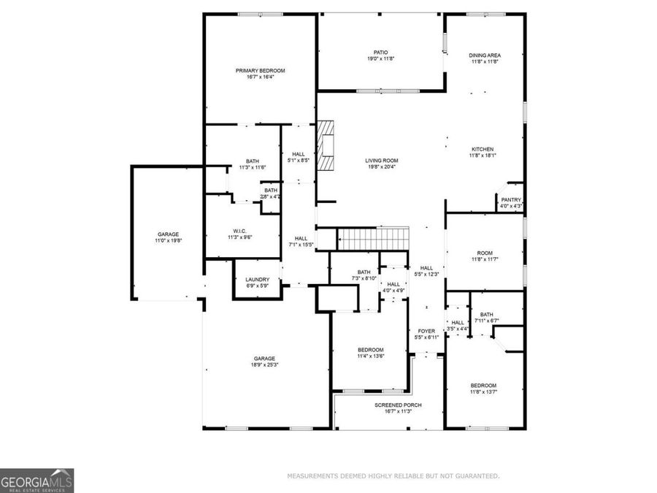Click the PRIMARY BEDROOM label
pyautogui.click(x=260, y=70)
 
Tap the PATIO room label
pyautogui.click(x=380, y=53)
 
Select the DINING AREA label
pyautogui.click(x=485, y=56)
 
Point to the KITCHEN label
pyautogui.click(x=482, y=149)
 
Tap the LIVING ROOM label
pyautogui.click(x=381, y=161)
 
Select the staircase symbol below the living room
pyautogui.click(x=372, y=238)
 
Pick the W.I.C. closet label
pyautogui.click(x=242, y=232)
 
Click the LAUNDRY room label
pyautogui.click(x=257, y=279)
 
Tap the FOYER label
pyautogui.click(x=426, y=331)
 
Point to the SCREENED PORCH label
pyautogui.click(x=398, y=405)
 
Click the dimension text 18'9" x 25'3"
pyautogui.click(x=264, y=364)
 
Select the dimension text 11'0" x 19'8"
pyautogui.click(x=168, y=240)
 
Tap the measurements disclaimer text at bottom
pyautogui.click(x=393, y=476)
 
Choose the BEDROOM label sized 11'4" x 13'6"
pyautogui.click(x=369, y=350)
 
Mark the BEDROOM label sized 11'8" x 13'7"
pyautogui.click(x=483, y=386)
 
